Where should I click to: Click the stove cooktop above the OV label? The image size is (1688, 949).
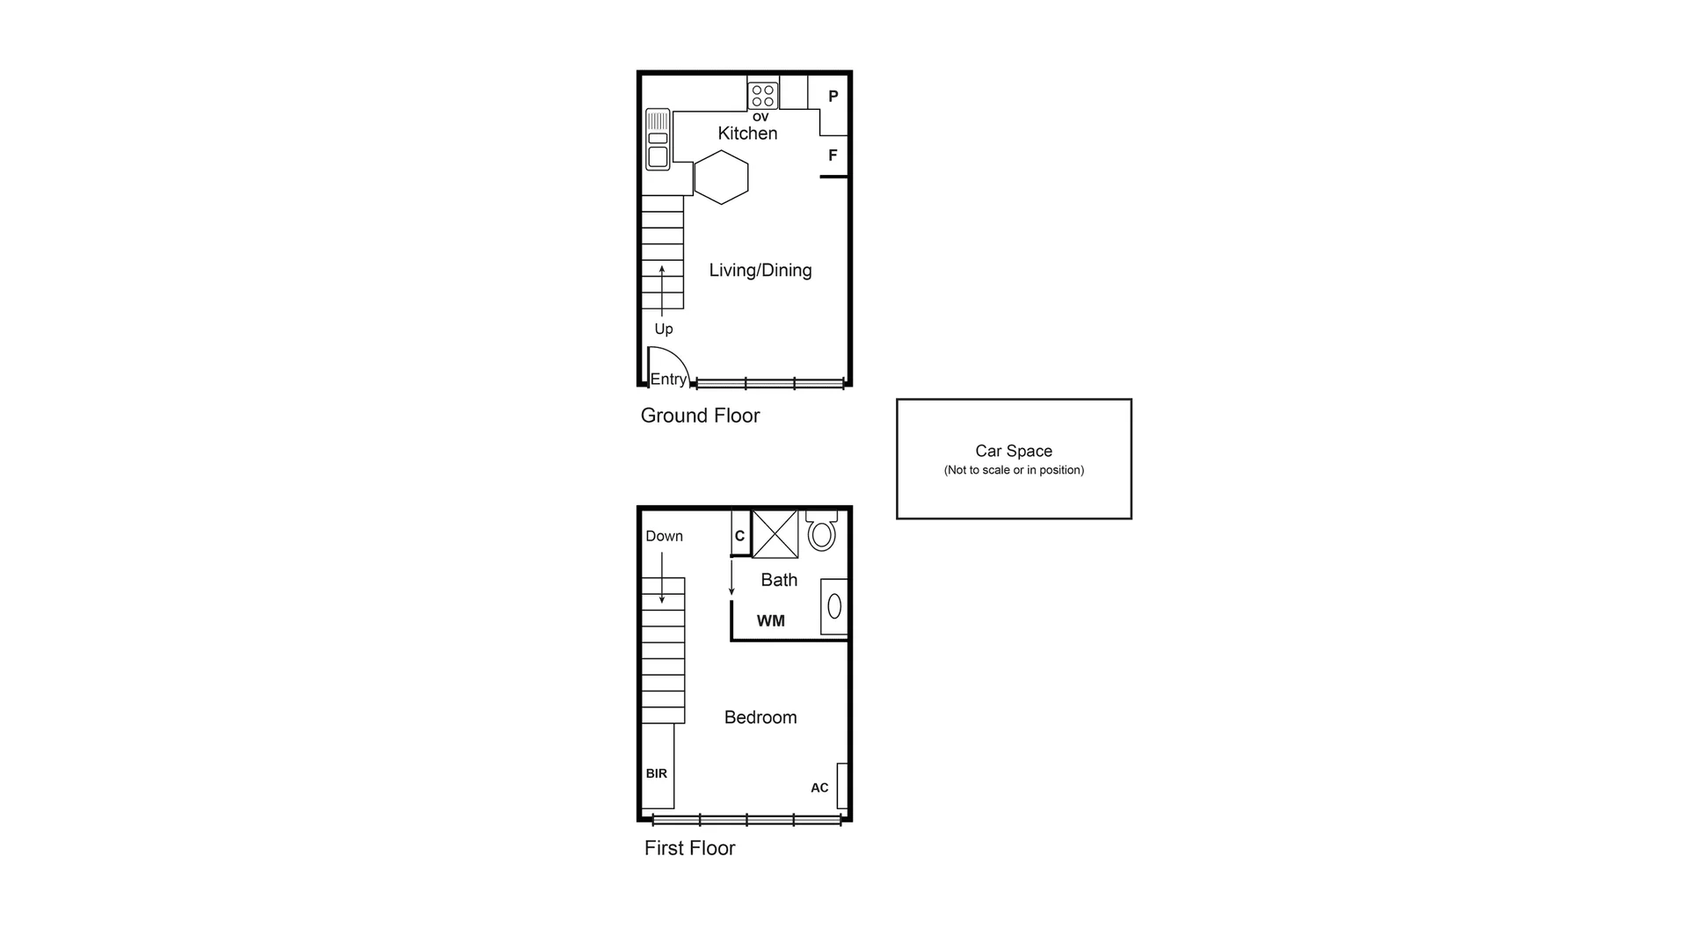(763, 95)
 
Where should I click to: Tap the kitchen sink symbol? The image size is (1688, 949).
(658, 139)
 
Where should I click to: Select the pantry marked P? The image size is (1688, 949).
(833, 97)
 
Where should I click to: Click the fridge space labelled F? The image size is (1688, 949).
(833, 156)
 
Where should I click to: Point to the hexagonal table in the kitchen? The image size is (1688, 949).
(721, 177)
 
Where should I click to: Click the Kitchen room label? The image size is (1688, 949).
(747, 134)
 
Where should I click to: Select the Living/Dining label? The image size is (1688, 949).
(760, 271)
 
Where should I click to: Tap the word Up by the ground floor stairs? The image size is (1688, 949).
(663, 329)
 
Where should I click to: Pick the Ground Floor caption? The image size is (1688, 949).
(700, 416)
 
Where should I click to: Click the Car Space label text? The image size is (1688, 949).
(1013, 451)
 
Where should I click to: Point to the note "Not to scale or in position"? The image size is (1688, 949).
(1013, 470)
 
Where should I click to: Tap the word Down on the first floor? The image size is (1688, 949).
(664, 536)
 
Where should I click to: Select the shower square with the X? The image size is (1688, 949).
(775, 533)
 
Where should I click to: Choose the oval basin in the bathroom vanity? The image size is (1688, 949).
(834, 606)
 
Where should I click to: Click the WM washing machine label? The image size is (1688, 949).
(770, 621)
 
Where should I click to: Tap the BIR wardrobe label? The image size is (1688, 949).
(656, 773)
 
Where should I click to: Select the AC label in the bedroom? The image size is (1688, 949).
(819, 788)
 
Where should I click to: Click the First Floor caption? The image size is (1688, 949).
(689, 848)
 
